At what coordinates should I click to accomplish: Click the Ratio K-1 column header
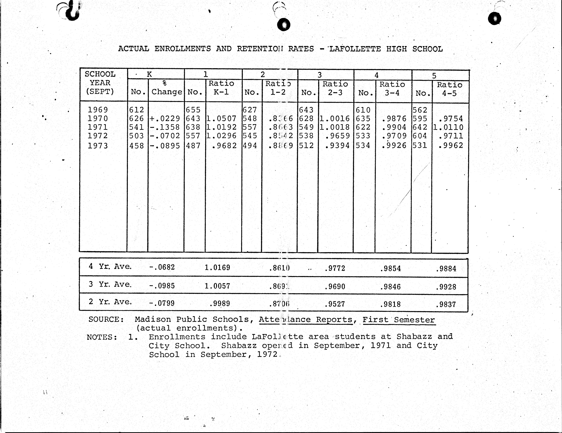click(221, 88)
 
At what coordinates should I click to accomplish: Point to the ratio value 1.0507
click(221, 118)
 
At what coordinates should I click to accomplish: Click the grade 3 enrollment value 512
click(306, 145)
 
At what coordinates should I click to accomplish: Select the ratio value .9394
click(337, 145)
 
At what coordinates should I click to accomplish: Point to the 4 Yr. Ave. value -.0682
click(162, 267)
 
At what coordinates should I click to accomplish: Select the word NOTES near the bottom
click(102, 337)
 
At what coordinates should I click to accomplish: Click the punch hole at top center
click(284, 25)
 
